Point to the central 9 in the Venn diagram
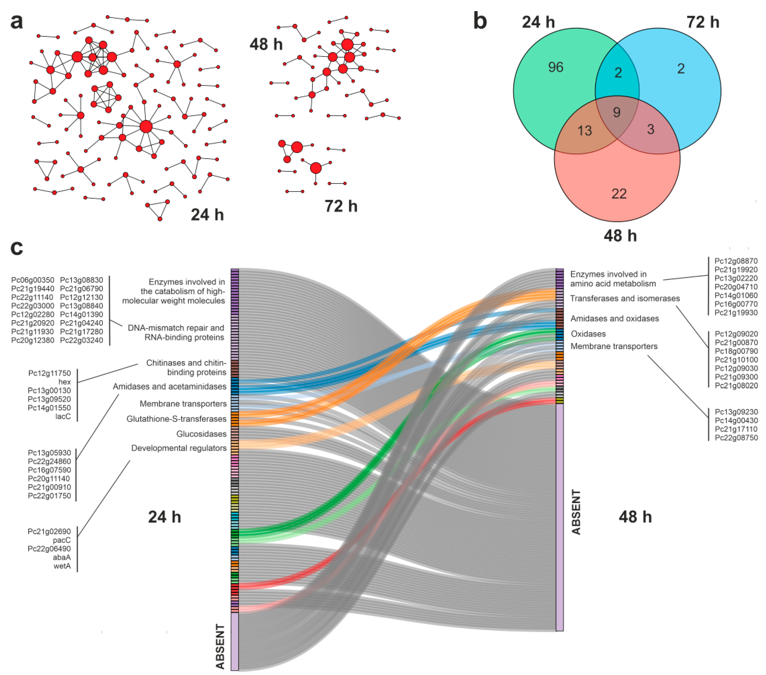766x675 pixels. click(616, 112)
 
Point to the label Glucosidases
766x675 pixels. click(201, 434)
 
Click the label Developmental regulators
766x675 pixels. click(179, 448)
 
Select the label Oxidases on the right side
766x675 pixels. click(588, 334)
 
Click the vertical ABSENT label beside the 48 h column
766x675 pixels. click(576, 512)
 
